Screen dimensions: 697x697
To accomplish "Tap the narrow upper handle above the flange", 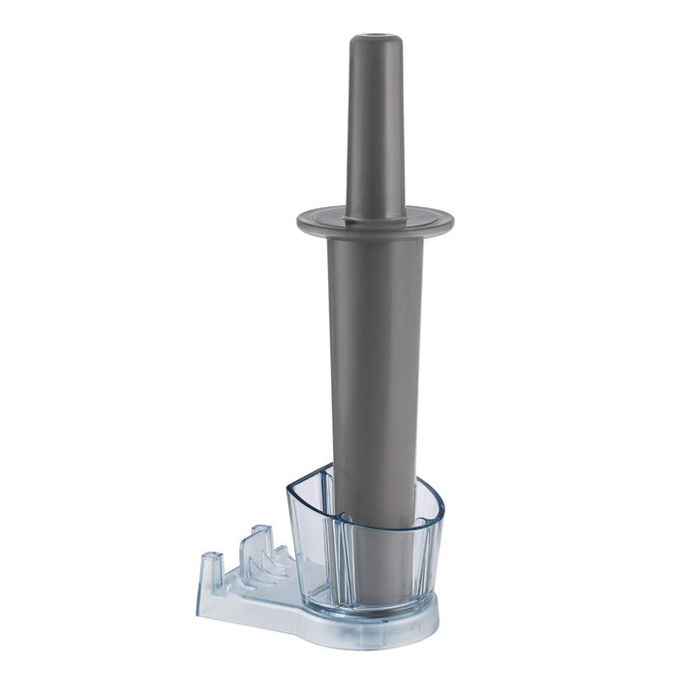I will [x=376, y=126].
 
